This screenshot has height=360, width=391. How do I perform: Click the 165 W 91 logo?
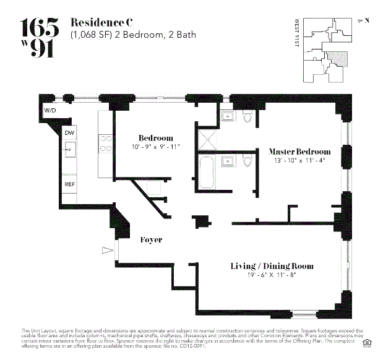(41, 37)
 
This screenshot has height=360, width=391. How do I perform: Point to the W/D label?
(49, 110)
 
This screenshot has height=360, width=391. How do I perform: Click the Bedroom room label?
(155, 137)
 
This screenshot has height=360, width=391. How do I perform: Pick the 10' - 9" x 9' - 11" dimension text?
(155, 147)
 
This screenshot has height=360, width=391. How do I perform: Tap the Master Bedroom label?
(299, 152)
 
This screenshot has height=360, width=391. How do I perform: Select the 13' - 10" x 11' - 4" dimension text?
(299, 161)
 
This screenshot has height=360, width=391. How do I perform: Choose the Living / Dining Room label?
(272, 266)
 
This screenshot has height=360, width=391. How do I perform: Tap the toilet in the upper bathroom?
(247, 116)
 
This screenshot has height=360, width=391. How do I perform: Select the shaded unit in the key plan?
(337, 59)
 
